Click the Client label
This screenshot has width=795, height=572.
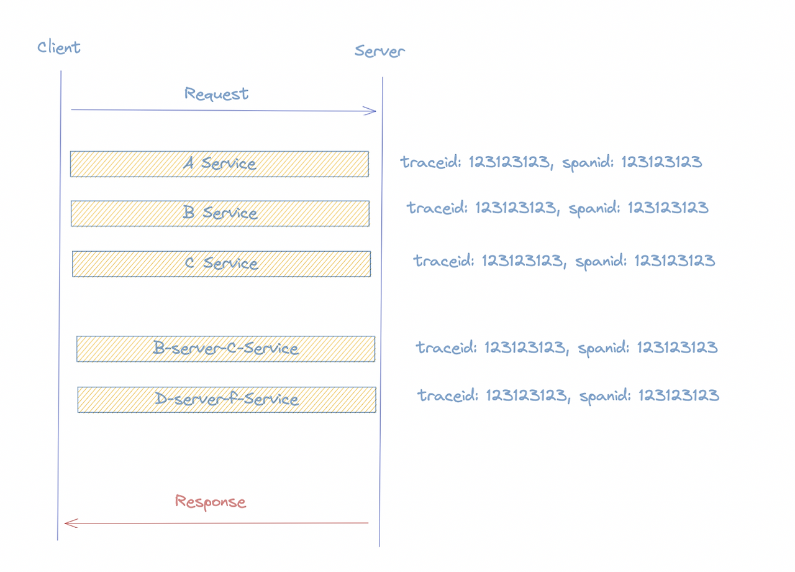pyautogui.click(x=59, y=47)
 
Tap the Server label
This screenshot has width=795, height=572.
pyautogui.click(x=379, y=51)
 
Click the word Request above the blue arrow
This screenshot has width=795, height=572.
pyautogui.click(x=216, y=94)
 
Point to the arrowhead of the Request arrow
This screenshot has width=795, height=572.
pyautogui.click(x=372, y=111)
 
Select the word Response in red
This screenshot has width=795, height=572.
pyautogui.click(x=210, y=502)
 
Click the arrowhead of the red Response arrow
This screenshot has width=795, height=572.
pyautogui.click(x=69, y=524)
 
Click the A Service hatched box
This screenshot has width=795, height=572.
pyautogui.click(x=219, y=164)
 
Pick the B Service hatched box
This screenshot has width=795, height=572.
pyautogui.click(x=220, y=213)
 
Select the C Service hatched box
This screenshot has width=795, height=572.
pyautogui.click(x=221, y=264)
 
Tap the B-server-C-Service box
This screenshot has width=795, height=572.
pyautogui.click(x=225, y=349)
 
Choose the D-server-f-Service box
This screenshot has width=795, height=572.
pyautogui.click(x=227, y=399)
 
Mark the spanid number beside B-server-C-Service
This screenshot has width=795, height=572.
pyautogui.click(x=677, y=347)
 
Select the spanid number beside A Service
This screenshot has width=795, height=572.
pyautogui.click(x=661, y=163)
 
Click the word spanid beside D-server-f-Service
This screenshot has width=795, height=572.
pyautogui.click(x=606, y=395)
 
